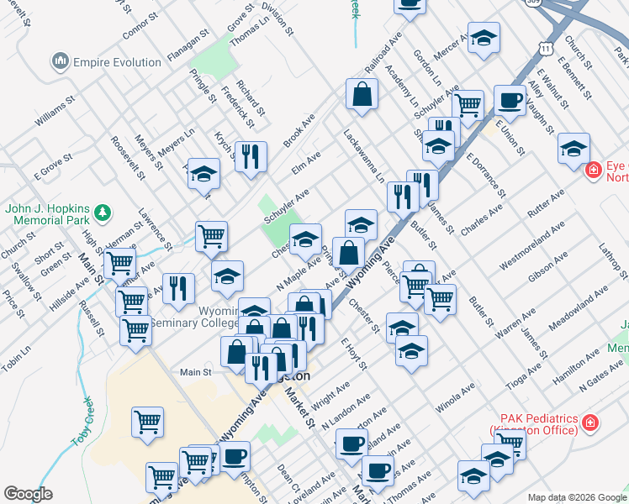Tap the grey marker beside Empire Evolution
(60, 61)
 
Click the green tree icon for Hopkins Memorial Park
(103, 212)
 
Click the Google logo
(28, 494)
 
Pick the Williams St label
(55, 111)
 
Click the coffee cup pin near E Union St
(510, 100)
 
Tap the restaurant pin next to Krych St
(251, 156)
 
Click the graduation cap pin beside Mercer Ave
(484, 38)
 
